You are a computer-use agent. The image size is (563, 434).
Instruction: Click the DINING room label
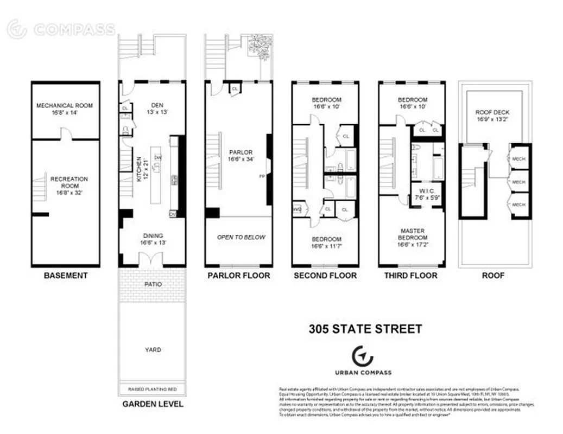153,235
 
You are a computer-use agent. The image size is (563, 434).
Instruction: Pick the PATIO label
153,284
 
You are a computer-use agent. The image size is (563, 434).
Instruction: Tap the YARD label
153,350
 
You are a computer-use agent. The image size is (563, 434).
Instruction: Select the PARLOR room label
238,152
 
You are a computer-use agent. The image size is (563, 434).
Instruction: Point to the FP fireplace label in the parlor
262,176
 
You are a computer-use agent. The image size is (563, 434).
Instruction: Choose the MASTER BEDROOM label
413,234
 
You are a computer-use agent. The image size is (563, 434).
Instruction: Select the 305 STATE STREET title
365,329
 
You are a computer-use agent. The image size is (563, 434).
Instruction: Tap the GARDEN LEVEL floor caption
153,404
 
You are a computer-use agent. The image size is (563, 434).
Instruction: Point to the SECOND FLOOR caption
325,276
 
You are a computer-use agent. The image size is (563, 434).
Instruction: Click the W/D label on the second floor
297,209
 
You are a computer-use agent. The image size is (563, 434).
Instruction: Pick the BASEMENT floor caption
65,276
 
